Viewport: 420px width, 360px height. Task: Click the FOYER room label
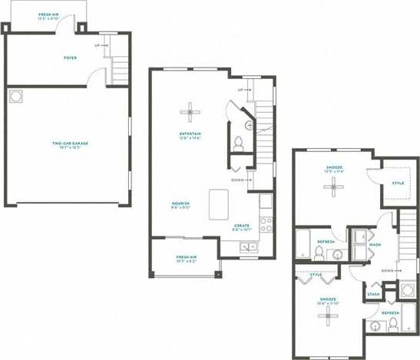coord(71,58)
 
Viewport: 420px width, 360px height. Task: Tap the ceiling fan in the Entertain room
coord(190,112)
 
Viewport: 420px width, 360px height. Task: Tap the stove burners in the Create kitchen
coord(266,224)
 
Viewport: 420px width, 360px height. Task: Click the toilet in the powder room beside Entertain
coord(238,142)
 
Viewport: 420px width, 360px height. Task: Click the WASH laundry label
coord(375,245)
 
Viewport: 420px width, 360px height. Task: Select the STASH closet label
coord(373,294)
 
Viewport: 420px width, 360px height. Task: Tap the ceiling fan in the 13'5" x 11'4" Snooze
coord(333,188)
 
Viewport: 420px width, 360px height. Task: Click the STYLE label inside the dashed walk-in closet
coord(398,183)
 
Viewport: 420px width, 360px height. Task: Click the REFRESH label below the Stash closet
coord(390,313)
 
